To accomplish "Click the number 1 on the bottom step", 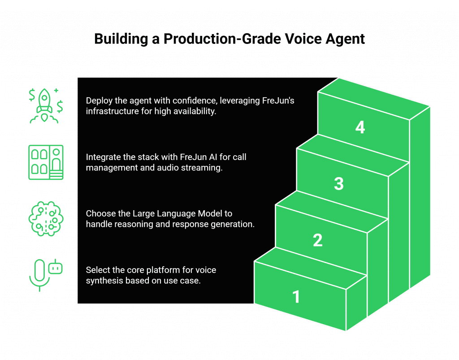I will (296, 297).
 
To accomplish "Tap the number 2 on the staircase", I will (317, 240).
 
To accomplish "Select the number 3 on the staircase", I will (339, 184).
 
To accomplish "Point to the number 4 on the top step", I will (360, 128).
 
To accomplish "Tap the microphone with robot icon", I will (45, 274).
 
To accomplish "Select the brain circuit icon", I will (45, 218).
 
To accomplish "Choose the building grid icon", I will (45, 162).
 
